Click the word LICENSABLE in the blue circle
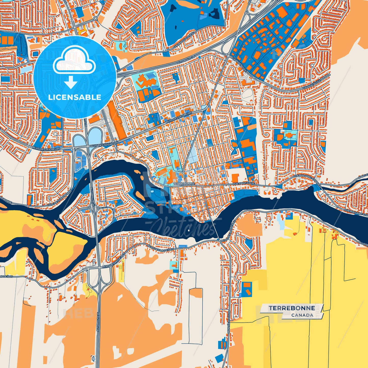click(75, 97)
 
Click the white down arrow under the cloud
click(71, 83)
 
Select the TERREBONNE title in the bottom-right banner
click(292, 308)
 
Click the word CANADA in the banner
click(302, 315)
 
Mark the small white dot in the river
click(188, 231)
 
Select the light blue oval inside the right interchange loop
click(95, 136)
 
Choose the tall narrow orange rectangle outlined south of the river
click(196, 316)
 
